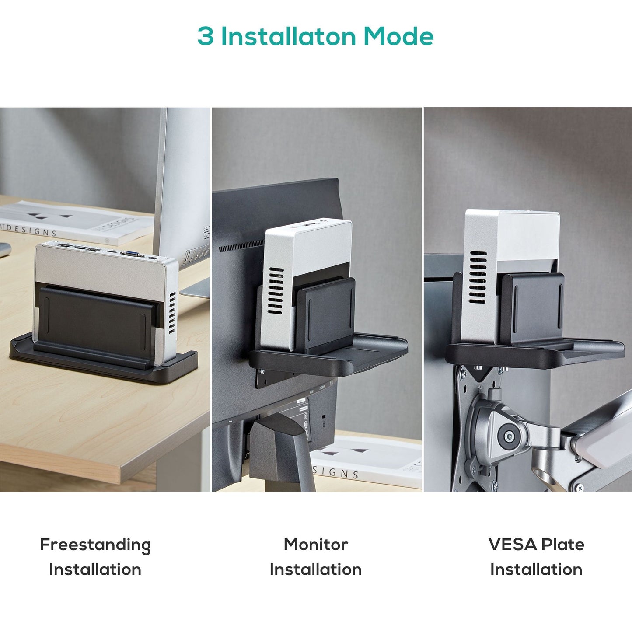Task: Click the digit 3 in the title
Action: [206, 36]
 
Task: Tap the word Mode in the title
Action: [398, 36]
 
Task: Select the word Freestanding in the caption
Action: [95, 545]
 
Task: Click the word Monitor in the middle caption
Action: [316, 545]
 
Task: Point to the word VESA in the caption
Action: [512, 545]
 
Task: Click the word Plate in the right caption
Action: [563, 545]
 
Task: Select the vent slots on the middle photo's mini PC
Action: [276, 291]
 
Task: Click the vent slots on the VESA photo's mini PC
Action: [478, 278]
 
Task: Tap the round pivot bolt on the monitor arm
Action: [509, 436]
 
